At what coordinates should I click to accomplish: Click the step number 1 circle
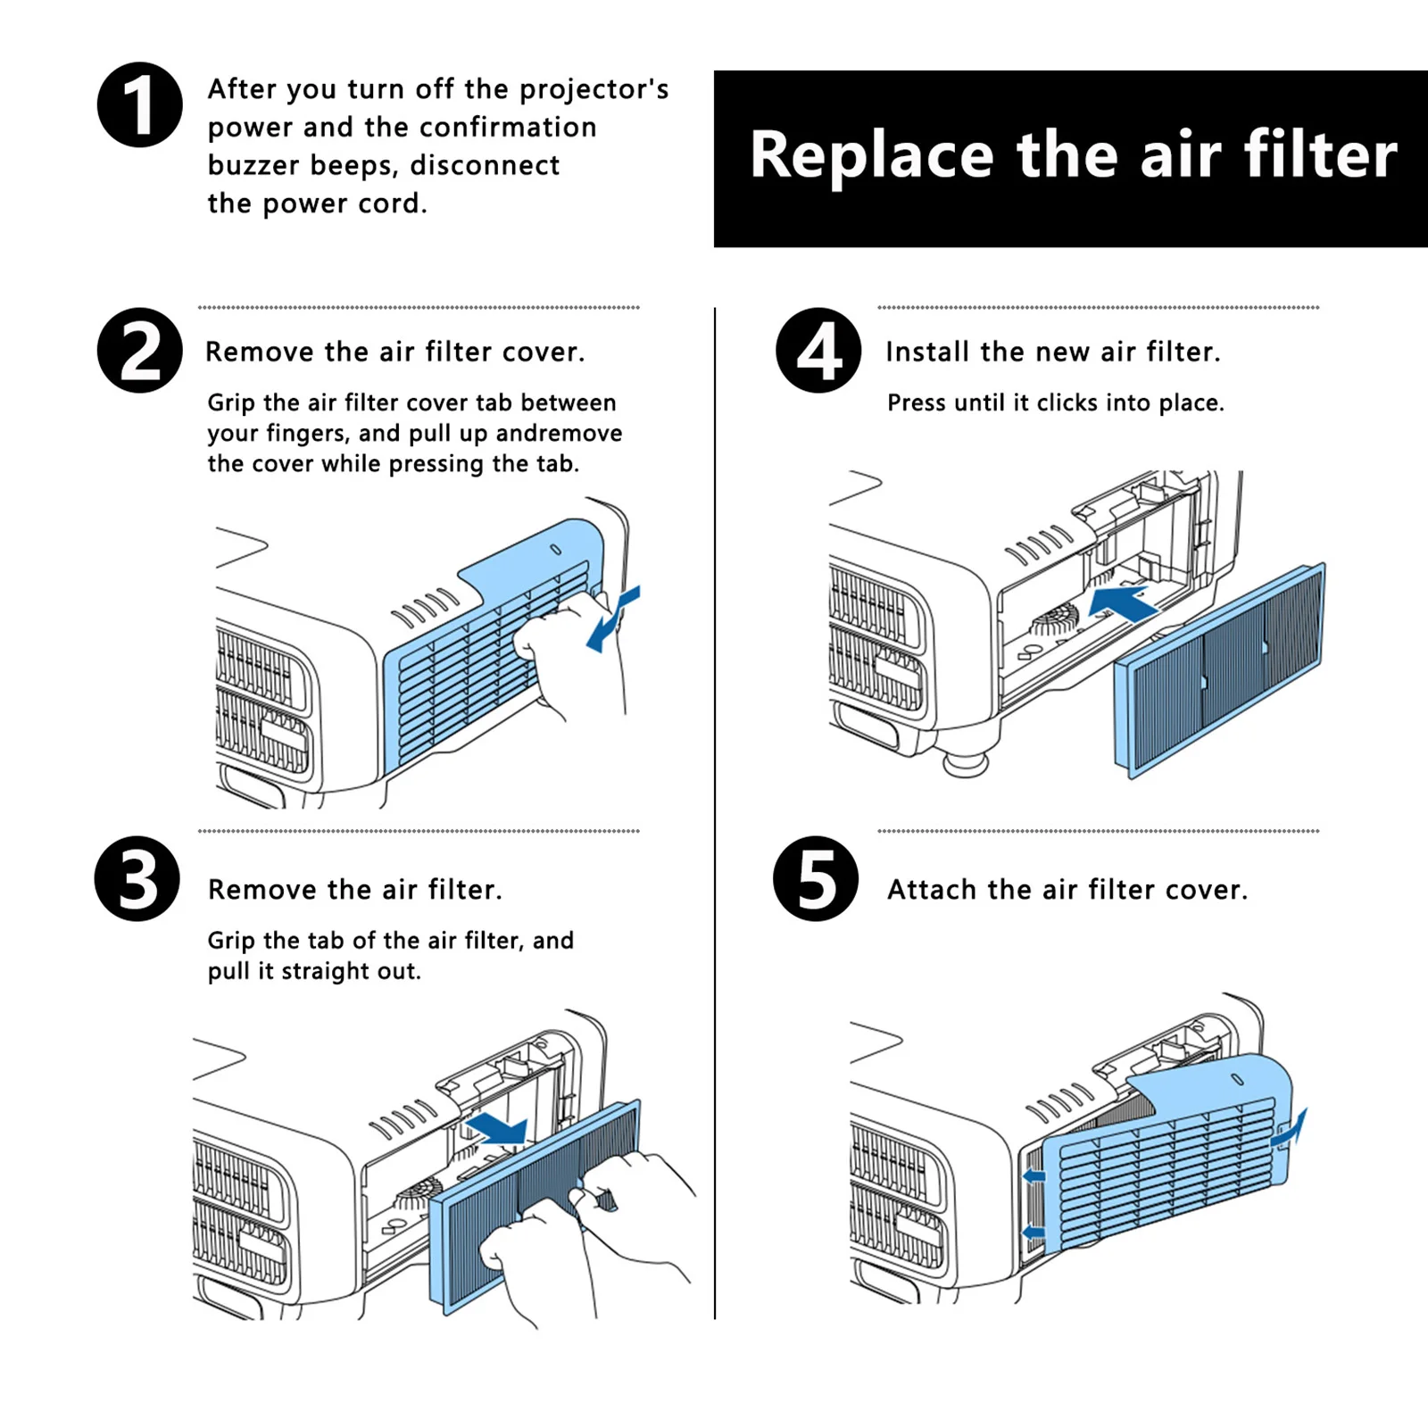tap(140, 104)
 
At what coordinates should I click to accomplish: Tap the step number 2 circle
tap(140, 350)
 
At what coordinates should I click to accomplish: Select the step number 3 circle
tap(137, 878)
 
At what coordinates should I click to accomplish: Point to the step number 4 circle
tap(818, 350)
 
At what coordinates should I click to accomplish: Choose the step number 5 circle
tap(816, 878)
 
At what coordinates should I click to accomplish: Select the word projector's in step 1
tap(594, 89)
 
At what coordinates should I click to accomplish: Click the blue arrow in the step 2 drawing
tap(613, 618)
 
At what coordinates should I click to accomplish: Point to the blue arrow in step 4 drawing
tap(1123, 603)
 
